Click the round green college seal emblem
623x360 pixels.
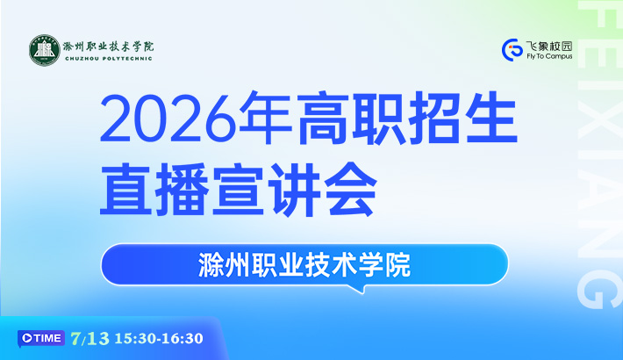[45, 50]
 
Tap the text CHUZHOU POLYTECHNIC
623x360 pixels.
[109, 59]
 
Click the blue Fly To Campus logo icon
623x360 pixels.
[512, 50]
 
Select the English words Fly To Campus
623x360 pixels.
[549, 56]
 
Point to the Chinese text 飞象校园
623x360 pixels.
[549, 47]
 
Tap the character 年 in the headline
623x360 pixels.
[266, 119]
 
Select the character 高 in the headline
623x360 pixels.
[323, 119]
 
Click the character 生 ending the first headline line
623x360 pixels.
[491, 119]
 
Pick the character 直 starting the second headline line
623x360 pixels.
[126, 189]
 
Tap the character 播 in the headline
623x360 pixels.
[182, 189]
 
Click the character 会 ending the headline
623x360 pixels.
[350, 189]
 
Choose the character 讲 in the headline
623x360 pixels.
[295, 189]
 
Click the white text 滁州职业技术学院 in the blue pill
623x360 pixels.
[304, 264]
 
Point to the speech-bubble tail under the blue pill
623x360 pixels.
[358, 289]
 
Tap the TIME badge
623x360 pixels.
[41, 339]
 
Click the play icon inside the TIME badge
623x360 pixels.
[27, 338]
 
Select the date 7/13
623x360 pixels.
[90, 339]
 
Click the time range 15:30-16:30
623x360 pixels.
[159, 339]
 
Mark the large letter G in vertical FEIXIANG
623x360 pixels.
[600, 289]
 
